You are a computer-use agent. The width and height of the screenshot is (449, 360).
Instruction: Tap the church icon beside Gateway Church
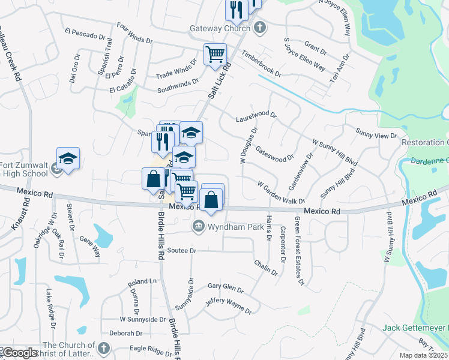point(259,28)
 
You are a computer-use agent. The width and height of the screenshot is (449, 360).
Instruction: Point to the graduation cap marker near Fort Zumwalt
point(68,159)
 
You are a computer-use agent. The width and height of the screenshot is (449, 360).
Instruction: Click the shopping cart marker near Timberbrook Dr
point(215,55)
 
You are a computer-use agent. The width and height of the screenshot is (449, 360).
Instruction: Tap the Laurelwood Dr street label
point(256,114)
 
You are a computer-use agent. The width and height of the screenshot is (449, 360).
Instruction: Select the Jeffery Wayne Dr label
point(228,305)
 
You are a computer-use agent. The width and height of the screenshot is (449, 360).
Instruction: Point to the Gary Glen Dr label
point(226,287)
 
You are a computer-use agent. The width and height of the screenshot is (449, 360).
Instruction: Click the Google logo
point(19,353)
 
